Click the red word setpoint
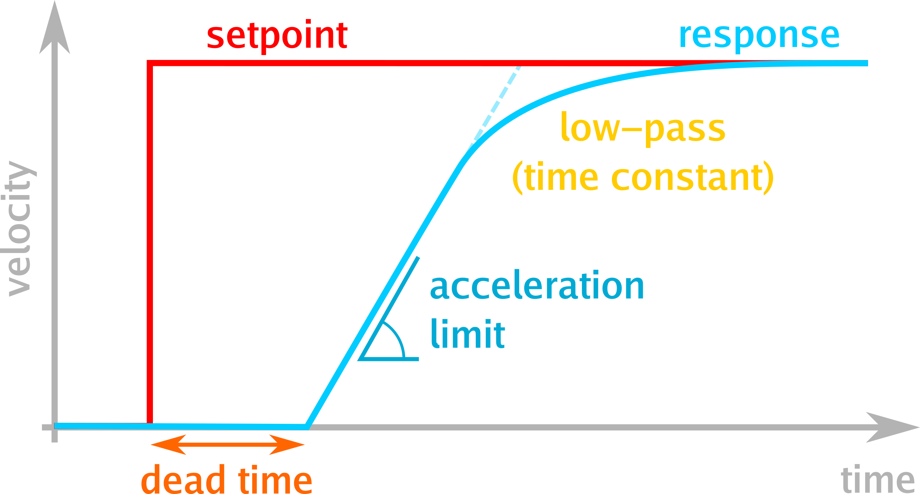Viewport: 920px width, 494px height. pyautogui.click(x=277, y=36)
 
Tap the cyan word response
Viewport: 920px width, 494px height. pyautogui.click(x=759, y=36)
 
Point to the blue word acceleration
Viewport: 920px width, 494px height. pyautogui.click(x=537, y=285)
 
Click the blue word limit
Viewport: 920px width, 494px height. pyautogui.click(x=468, y=334)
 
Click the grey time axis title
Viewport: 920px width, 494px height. pyautogui.click(x=878, y=480)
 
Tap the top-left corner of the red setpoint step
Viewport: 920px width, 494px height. pyautogui.click(x=150, y=64)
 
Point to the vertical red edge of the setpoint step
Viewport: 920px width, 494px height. pyautogui.click(x=150, y=243)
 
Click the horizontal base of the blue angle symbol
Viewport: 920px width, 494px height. pyautogui.click(x=389, y=359)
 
